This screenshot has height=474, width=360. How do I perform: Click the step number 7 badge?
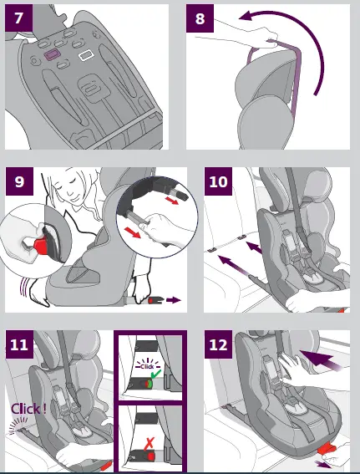tap(18, 18)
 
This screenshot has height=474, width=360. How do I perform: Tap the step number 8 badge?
tap(200, 18)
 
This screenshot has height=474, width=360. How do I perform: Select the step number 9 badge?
tap(19, 181)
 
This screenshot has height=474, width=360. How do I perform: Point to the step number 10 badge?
tap(218, 181)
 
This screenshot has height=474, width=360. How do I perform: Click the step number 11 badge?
tap(19, 344)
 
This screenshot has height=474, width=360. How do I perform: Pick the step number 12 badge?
tap(218, 344)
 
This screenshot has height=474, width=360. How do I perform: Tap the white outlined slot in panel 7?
tap(86, 55)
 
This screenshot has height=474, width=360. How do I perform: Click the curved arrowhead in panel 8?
tap(246, 15)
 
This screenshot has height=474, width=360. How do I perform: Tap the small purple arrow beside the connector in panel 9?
tap(174, 300)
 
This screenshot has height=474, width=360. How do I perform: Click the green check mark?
tap(156, 375)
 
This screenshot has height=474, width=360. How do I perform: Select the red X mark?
tap(149, 443)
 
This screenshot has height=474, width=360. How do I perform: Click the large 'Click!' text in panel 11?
tap(28, 409)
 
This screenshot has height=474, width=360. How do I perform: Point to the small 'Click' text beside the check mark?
tap(147, 366)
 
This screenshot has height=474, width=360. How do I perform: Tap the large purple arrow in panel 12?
tap(320, 359)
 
